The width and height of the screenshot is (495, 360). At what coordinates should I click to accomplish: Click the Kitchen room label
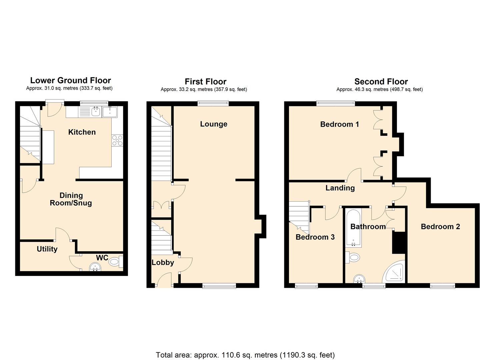click(82, 132)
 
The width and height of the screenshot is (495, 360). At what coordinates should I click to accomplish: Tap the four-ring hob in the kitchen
click(117, 140)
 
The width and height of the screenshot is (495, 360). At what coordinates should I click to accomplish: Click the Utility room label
click(47, 249)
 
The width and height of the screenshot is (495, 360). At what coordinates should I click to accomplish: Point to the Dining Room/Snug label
click(71, 199)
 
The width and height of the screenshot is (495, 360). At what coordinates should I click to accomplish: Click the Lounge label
click(214, 124)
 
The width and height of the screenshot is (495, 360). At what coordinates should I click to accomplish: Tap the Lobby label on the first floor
click(163, 262)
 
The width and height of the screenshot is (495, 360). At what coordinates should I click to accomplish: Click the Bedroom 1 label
click(339, 124)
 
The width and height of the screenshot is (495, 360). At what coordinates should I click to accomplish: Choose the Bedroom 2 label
click(440, 227)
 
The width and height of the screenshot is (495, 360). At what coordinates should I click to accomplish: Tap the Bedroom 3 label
click(315, 237)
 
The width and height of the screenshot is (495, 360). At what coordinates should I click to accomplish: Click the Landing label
click(340, 188)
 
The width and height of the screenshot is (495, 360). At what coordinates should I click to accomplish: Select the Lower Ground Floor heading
click(70, 80)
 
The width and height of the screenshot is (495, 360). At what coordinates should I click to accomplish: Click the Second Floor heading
click(381, 82)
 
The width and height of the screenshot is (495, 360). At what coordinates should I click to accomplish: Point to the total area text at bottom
click(245, 355)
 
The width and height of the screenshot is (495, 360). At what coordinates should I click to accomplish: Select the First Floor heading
click(205, 82)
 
